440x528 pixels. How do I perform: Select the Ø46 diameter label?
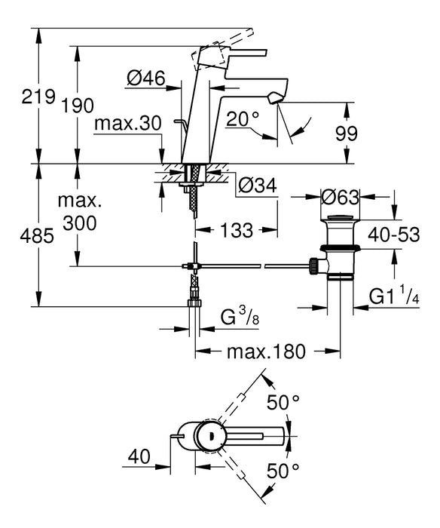click(x=146, y=77)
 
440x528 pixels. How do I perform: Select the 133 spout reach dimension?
click(x=237, y=231)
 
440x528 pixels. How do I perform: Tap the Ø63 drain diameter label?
click(x=339, y=198)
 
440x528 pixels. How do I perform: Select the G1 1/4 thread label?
click(x=394, y=297)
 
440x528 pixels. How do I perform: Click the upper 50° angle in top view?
click(x=283, y=403)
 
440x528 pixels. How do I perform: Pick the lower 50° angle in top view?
click(x=283, y=472)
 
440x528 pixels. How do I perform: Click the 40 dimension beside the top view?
click(x=140, y=457)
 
